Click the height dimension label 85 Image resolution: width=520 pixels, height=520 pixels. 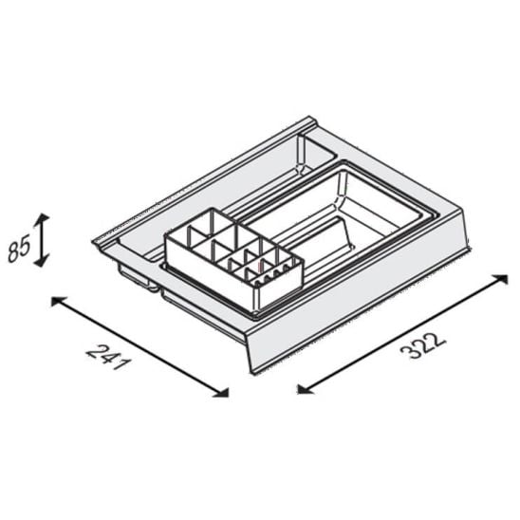(x=19, y=248)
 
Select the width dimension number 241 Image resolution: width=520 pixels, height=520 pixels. (x=107, y=358)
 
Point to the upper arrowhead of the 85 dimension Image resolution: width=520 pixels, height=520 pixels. (x=43, y=220)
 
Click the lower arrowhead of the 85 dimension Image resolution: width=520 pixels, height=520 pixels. (x=42, y=260)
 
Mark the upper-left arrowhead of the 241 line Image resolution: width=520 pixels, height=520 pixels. (x=57, y=302)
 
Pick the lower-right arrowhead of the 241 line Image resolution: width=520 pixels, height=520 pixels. (x=221, y=392)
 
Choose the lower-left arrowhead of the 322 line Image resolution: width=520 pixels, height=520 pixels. (x=305, y=389)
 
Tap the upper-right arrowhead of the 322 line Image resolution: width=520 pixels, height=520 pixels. (x=500, y=279)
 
